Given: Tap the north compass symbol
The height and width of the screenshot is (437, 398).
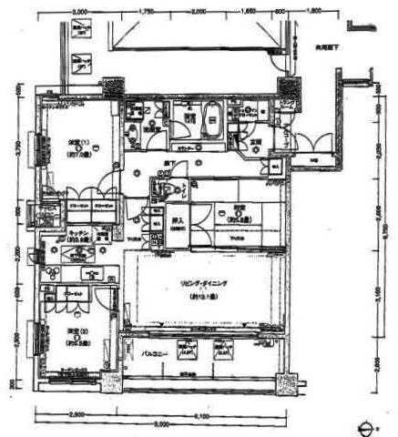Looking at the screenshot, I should click(x=368, y=426).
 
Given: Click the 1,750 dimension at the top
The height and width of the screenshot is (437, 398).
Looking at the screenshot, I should click(x=146, y=13).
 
